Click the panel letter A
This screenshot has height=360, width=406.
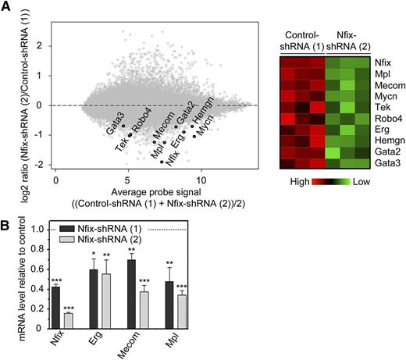(6, 7)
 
